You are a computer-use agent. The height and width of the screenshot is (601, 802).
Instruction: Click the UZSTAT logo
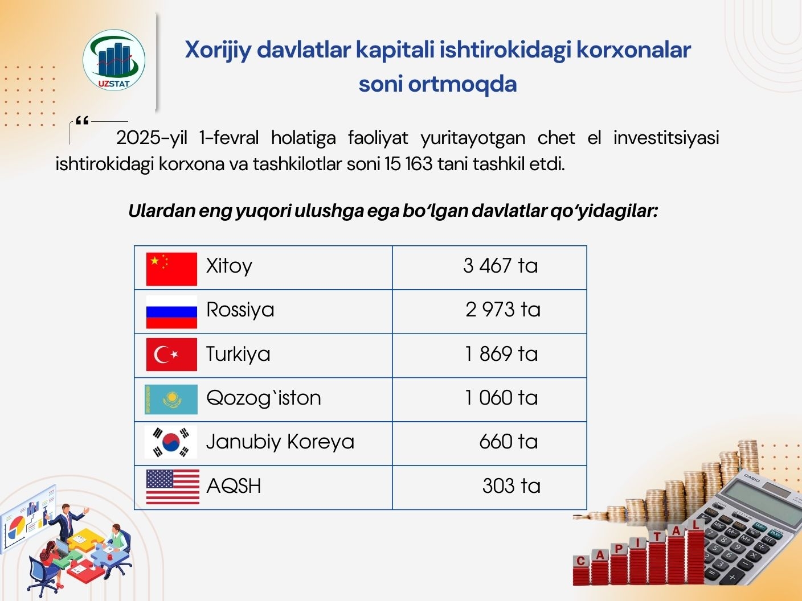coord(114,60)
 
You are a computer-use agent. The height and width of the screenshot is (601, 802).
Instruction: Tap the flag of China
coord(171,269)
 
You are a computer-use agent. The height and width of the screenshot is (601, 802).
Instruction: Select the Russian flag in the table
coord(171,312)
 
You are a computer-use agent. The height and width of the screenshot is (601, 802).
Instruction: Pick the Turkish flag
coord(171,355)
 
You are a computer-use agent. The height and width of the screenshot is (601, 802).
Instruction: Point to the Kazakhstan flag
coord(171,399)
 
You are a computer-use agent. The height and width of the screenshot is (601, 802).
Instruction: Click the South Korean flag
coord(171,442)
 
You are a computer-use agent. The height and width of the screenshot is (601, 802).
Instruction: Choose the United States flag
coord(173,487)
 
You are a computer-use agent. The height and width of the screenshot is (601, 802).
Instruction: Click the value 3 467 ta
coord(501,266)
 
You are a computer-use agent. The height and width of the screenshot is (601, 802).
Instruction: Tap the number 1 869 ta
coord(501,354)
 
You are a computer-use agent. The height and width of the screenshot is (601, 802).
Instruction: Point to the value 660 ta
coord(509,442)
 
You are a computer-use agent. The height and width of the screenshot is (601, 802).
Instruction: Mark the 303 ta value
coord(511,485)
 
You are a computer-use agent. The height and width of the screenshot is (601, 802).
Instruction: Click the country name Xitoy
coord(229,266)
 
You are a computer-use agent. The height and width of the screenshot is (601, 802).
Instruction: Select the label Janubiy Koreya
coord(280,442)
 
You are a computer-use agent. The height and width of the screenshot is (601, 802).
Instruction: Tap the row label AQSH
coord(234,486)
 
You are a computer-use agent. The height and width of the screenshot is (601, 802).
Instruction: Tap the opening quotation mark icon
coord(82,121)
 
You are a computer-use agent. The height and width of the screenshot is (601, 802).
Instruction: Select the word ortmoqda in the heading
coord(462,84)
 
